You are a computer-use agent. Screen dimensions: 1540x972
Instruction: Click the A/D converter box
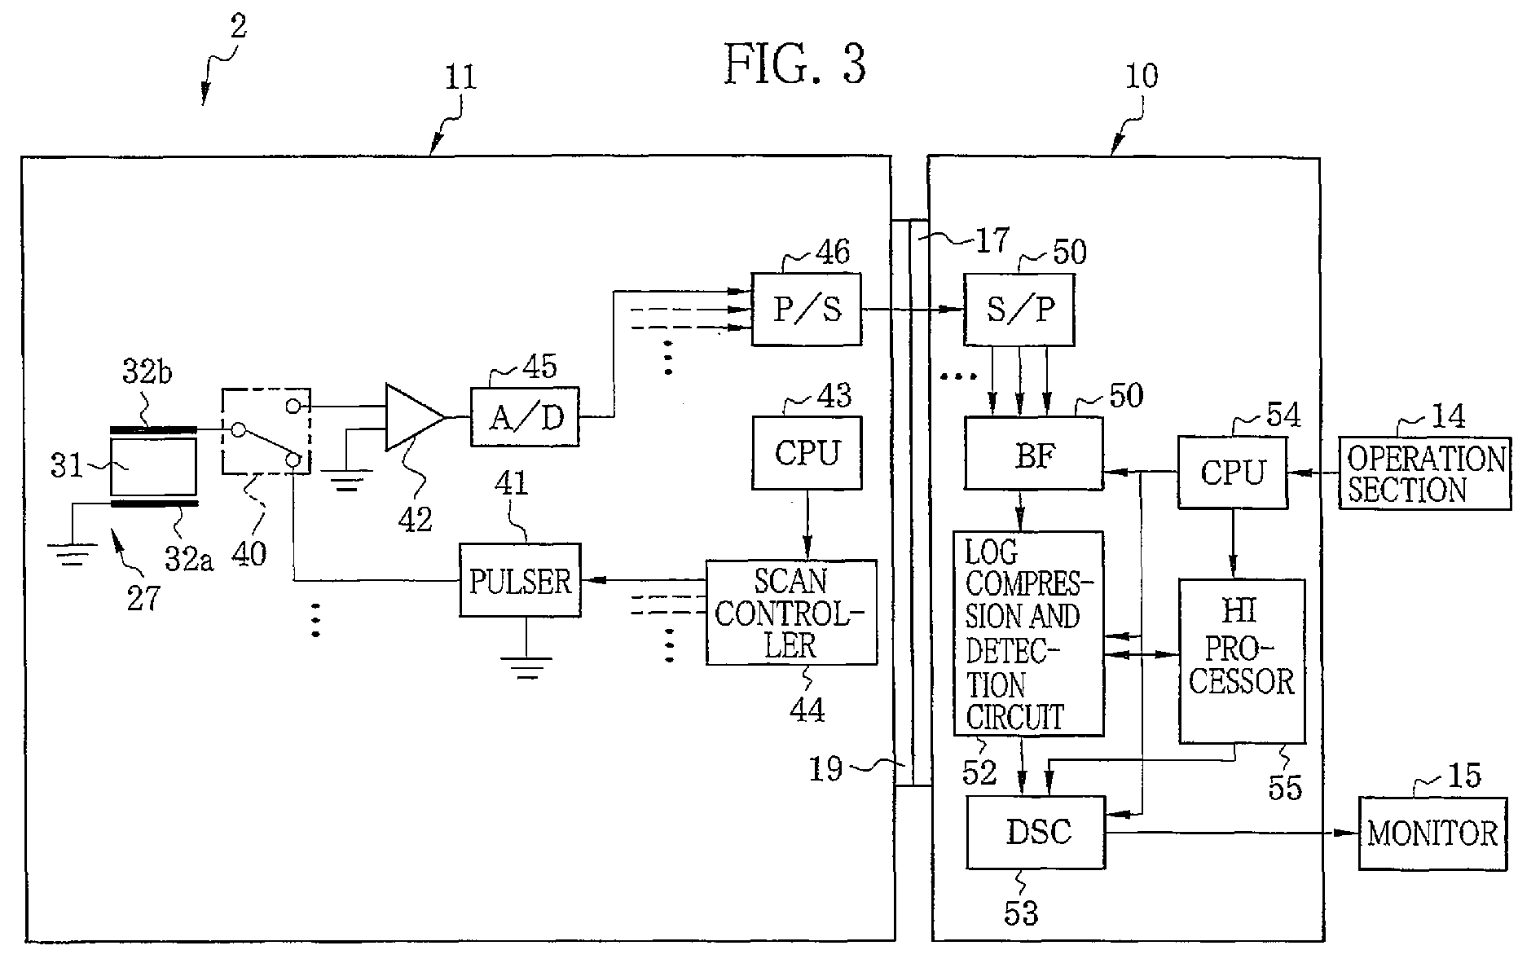tap(525, 416)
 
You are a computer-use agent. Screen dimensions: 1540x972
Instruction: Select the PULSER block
tap(521, 580)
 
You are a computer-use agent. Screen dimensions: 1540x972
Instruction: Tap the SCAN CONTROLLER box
tap(791, 613)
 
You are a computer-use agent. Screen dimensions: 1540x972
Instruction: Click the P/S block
tap(806, 309)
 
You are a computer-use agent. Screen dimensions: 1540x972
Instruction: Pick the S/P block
tap(1019, 309)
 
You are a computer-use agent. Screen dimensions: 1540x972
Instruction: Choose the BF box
tap(1033, 453)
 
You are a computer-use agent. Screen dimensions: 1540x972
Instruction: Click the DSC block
tap(1036, 832)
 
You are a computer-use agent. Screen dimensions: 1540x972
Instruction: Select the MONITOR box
tap(1432, 833)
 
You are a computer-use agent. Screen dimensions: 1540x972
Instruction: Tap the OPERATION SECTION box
tap(1425, 473)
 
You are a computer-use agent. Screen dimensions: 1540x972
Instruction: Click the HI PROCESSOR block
tap(1242, 661)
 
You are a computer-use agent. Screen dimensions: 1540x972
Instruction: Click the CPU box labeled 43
tap(806, 453)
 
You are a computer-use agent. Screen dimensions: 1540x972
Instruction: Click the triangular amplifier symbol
tap(414, 416)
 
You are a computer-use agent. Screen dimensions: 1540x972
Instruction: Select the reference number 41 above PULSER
tap(510, 484)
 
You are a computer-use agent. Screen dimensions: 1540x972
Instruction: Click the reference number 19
tap(826, 768)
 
